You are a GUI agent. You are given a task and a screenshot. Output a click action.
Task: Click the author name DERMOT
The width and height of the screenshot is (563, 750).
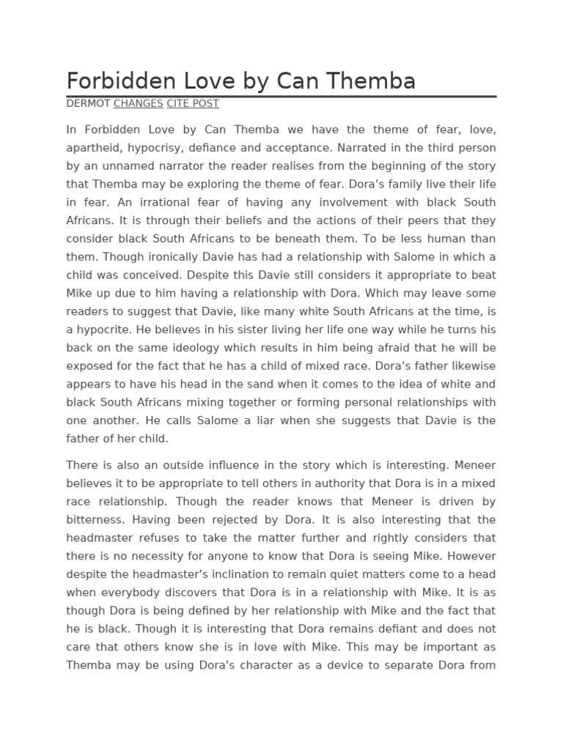[x=88, y=104]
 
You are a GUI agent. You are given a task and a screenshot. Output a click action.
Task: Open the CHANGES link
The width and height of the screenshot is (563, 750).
[x=138, y=104]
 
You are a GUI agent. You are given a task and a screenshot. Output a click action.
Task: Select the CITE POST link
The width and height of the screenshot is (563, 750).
[x=193, y=104]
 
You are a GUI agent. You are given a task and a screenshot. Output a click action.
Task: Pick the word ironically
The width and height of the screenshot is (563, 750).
[x=170, y=256]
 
